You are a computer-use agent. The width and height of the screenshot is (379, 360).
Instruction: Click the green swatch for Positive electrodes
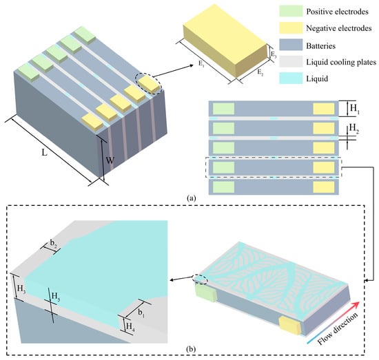(x=291, y=11)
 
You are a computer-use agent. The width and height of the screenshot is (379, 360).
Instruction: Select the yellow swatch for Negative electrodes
(x=291, y=28)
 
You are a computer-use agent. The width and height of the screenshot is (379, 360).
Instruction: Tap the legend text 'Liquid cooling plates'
(x=341, y=62)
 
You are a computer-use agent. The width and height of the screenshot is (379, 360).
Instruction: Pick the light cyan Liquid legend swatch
(x=291, y=78)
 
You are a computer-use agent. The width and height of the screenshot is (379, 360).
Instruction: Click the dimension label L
(x=45, y=152)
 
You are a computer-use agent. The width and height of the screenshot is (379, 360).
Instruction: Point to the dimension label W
(x=110, y=160)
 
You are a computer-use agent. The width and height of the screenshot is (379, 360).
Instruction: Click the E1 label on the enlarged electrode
(x=201, y=64)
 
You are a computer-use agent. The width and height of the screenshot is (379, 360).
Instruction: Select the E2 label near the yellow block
(x=260, y=72)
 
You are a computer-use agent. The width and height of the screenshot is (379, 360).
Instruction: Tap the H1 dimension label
(x=355, y=109)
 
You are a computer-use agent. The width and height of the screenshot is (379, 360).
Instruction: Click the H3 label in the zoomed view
(x=21, y=289)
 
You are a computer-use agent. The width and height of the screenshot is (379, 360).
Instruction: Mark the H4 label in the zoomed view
(x=130, y=326)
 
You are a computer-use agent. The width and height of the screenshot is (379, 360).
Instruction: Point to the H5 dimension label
(x=56, y=296)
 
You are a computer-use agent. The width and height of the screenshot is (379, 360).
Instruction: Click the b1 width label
(x=141, y=313)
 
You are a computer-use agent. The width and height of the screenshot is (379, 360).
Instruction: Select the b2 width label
(x=54, y=244)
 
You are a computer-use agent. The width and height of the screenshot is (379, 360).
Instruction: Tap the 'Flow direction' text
(x=338, y=329)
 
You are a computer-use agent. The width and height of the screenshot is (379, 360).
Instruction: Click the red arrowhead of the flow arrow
(x=356, y=305)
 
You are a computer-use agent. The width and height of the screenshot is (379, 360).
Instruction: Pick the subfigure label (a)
(x=192, y=198)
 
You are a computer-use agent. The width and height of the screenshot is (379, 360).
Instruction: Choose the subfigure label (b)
(x=191, y=349)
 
